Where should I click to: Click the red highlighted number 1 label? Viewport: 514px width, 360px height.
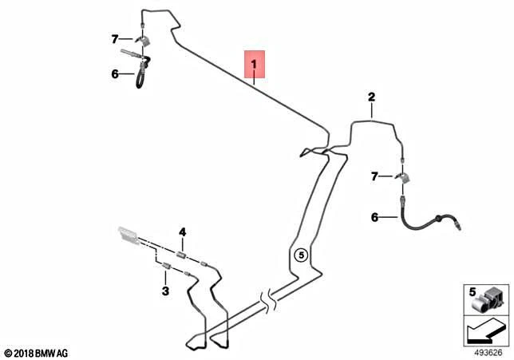coord(255,65)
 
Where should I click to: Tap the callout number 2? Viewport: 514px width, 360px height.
coord(371,97)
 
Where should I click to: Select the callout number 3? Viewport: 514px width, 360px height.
coord(165,291)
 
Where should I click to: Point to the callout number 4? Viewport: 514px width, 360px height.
coord(182,232)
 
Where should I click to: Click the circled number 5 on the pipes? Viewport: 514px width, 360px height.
coord(301,255)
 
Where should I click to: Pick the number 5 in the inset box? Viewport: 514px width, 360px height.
coord(472,291)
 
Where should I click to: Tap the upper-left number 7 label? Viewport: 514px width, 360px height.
coord(114,39)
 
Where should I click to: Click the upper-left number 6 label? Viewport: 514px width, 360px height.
coord(115,73)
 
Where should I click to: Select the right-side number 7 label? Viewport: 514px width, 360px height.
coord(374,176)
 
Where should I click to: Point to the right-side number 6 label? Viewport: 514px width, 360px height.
coord(374,217)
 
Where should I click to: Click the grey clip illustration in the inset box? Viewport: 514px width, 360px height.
coord(487,299)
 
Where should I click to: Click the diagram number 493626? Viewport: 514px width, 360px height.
coord(488,353)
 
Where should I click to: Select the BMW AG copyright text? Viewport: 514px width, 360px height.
coord(37,354)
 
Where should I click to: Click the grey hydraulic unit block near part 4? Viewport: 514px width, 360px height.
coord(128,235)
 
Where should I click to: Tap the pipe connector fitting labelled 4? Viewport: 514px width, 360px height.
coord(181,255)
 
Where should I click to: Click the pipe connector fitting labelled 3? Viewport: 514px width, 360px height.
coord(167,267)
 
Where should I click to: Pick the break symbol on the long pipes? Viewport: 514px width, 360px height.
coord(270,300)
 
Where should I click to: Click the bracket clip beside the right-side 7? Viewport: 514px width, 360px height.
coord(404,177)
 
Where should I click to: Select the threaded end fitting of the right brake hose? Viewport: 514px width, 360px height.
coord(457,226)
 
